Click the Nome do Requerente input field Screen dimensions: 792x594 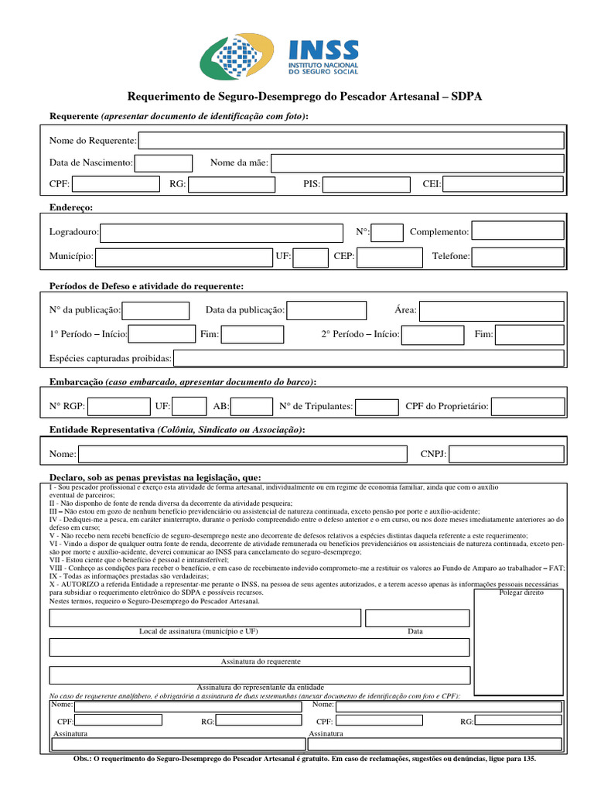tap(351, 141)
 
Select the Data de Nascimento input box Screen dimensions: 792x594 tap(164, 163)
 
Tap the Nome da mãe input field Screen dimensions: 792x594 tap(418, 163)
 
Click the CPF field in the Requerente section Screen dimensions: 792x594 tap(117, 184)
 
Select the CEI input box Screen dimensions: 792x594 tap(503, 184)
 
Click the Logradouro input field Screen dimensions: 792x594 tap(221, 233)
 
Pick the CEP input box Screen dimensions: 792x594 tap(390, 257)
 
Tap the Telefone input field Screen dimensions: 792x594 tap(517, 257)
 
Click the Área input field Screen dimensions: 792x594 tap(491, 311)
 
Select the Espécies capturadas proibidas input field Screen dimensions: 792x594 tap(368, 359)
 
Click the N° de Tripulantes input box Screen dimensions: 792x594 tap(377, 407)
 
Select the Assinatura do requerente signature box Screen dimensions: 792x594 tap(259, 647)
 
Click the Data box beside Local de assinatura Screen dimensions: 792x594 tap(417, 617)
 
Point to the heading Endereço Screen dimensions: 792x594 tap(71, 207)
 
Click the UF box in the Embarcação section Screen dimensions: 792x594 tap(189, 407)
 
